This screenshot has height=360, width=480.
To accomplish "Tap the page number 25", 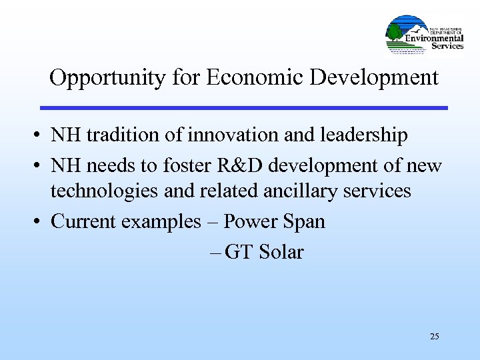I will pyautogui.click(x=435, y=336).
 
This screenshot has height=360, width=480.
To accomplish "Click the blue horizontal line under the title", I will pyautogui.click(x=243, y=107).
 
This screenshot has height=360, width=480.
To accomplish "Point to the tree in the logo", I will pyautogui.click(x=395, y=31).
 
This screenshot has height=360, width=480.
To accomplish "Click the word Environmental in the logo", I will pyautogui.click(x=434, y=38).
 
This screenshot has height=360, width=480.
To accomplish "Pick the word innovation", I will pyautogui.click(x=233, y=135).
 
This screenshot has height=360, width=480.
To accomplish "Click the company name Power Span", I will pyautogui.click(x=274, y=221).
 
